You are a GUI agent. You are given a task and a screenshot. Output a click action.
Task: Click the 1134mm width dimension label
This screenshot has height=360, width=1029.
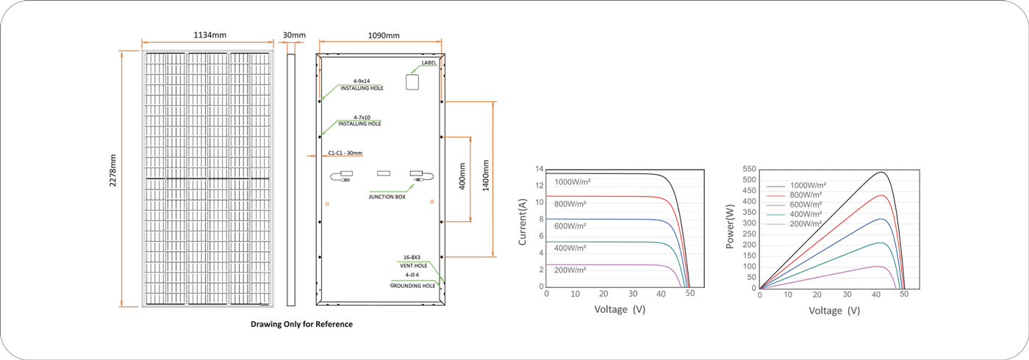[x=210, y=35]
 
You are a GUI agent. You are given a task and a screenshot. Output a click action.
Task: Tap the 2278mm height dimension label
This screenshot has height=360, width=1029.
[x=113, y=170]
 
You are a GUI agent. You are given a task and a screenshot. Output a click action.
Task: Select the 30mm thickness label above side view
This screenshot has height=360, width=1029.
[x=294, y=35]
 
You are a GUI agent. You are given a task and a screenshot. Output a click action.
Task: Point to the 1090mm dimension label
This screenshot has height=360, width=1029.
[x=384, y=35]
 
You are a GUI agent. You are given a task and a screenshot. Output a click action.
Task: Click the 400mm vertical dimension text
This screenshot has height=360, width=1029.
[x=462, y=176]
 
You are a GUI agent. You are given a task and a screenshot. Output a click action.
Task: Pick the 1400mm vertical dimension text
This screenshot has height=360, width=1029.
[x=486, y=176]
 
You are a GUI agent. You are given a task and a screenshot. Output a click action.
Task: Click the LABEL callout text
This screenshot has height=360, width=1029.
[x=429, y=63]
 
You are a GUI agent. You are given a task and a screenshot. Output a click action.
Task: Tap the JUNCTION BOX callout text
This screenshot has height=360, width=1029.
[x=387, y=197]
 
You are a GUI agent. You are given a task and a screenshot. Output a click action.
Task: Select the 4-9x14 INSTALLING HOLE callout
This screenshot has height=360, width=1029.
[x=362, y=84]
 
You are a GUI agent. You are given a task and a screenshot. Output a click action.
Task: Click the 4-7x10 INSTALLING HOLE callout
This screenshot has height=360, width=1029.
[x=359, y=120]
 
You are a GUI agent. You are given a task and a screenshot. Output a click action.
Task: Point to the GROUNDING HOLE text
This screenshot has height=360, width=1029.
[x=412, y=286]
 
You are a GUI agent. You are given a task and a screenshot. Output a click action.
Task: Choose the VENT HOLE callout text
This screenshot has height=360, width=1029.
[x=413, y=266]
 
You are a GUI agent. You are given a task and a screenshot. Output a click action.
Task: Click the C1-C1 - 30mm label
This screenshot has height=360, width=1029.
[x=345, y=153]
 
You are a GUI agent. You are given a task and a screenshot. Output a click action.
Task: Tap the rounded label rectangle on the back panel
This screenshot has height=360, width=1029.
[x=412, y=82]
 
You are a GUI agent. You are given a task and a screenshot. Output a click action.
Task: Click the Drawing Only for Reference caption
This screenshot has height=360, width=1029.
[x=302, y=324]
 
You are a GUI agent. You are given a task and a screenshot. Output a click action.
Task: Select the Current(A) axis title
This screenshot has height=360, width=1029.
[x=523, y=222]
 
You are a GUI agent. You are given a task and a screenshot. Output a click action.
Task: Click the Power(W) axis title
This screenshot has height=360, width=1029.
[x=730, y=226]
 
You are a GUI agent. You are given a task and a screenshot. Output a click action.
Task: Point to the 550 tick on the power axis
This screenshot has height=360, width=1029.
[x=749, y=169]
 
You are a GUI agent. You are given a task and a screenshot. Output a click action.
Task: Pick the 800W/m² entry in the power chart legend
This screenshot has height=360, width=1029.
[x=806, y=195]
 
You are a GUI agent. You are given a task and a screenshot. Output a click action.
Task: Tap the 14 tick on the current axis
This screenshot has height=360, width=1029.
[x=539, y=169]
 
